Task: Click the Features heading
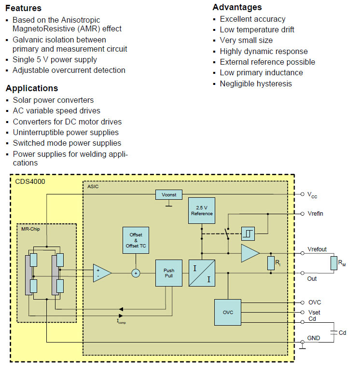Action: [x=23, y=8]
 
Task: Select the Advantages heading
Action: [x=237, y=7]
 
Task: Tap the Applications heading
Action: [x=31, y=88]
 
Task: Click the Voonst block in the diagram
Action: [x=169, y=194]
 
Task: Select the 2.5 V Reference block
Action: [x=202, y=210]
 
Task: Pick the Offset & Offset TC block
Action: [x=136, y=240]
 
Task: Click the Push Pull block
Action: [x=168, y=274]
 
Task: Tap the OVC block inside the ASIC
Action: [x=228, y=312]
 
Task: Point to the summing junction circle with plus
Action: [x=136, y=273]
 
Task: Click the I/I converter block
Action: [x=202, y=273]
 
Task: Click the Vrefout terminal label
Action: [x=317, y=249]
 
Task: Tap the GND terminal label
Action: [x=314, y=338]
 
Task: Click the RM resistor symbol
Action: [x=333, y=263]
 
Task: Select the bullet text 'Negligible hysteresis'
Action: [x=256, y=83]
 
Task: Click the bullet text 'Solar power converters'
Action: [x=53, y=100]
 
